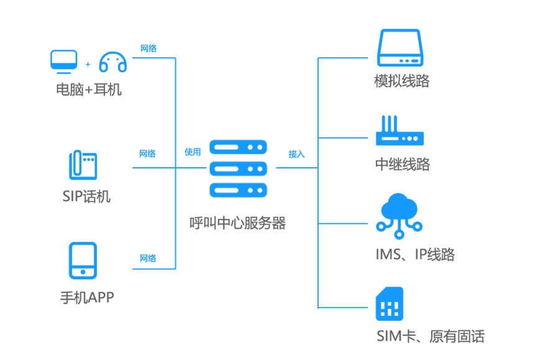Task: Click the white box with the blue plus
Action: [88, 65]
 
